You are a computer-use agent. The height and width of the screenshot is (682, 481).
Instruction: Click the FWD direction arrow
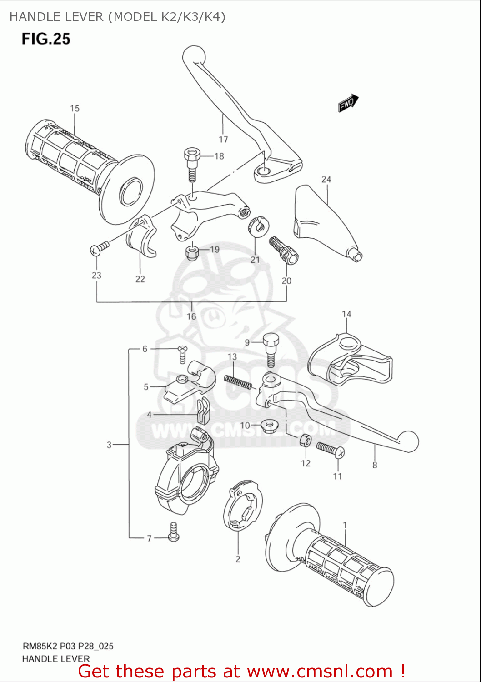pyautogui.click(x=348, y=103)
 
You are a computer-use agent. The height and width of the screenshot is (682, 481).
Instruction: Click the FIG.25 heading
pyautogui.click(x=46, y=39)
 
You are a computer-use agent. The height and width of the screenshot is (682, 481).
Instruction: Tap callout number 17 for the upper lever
pyautogui.click(x=223, y=139)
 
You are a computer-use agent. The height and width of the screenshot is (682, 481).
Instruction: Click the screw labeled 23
pyautogui.click(x=100, y=248)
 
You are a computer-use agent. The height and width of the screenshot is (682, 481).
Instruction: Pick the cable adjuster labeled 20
pyautogui.click(x=284, y=250)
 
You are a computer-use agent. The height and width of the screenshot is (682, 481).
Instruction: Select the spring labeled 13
pyautogui.click(x=238, y=381)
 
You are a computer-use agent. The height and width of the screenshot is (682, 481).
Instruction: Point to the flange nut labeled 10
pyautogui.click(x=271, y=426)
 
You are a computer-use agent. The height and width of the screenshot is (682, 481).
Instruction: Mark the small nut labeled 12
pyautogui.click(x=305, y=441)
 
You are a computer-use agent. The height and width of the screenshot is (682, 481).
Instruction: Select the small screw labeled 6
pyautogui.click(x=182, y=354)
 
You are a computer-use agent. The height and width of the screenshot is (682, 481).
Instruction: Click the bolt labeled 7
pyautogui.click(x=173, y=532)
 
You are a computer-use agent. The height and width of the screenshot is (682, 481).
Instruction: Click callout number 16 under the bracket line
pyautogui.click(x=191, y=316)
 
